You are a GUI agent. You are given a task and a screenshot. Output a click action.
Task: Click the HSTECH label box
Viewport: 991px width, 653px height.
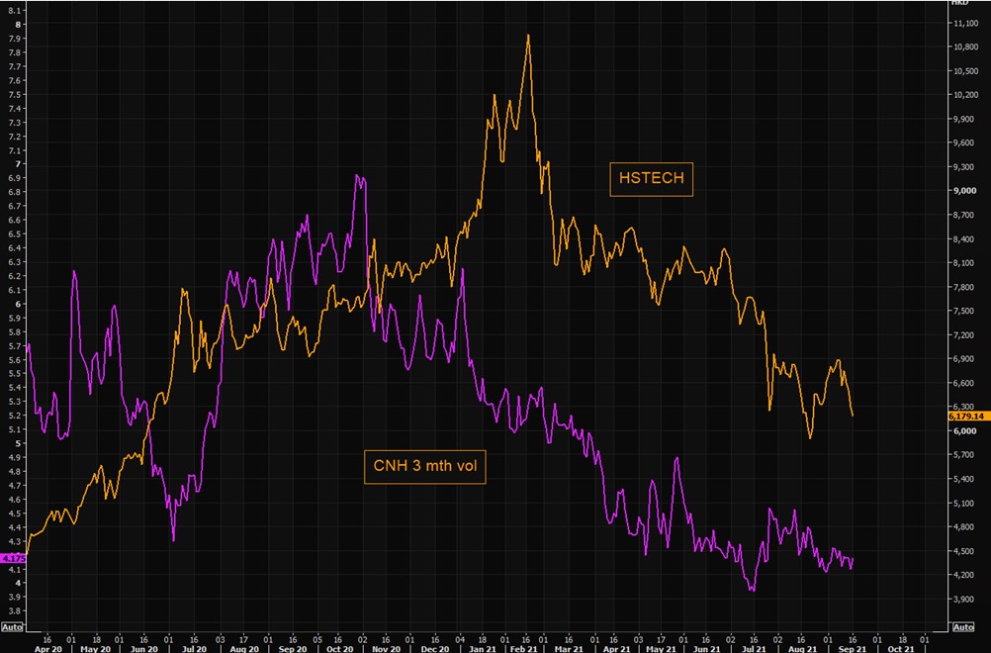point(651,179)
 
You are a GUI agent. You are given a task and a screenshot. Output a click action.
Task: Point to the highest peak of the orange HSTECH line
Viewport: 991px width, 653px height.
point(528,36)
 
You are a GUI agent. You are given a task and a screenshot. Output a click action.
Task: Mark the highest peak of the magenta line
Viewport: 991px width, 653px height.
point(357,176)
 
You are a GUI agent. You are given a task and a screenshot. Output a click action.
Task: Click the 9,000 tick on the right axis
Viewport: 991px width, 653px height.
point(963,191)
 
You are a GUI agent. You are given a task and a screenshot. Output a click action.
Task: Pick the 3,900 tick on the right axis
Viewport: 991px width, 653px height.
point(963,599)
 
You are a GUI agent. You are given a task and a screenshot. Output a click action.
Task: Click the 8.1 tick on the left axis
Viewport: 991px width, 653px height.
point(15,10)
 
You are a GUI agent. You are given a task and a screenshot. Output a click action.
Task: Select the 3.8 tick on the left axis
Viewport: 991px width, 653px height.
point(15,611)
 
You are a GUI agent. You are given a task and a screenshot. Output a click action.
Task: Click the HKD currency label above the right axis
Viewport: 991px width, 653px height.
point(958,3)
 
